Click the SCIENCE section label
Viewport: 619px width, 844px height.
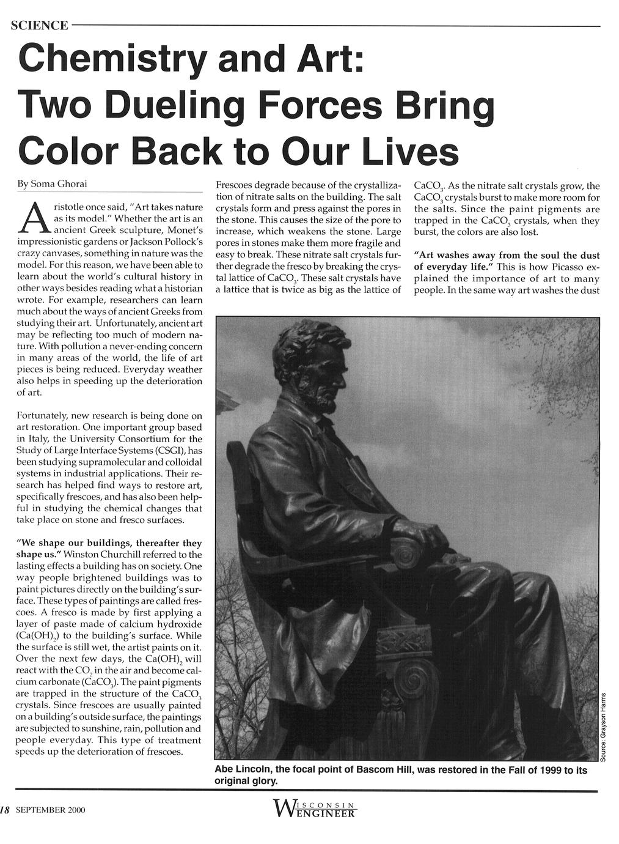(39, 26)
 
